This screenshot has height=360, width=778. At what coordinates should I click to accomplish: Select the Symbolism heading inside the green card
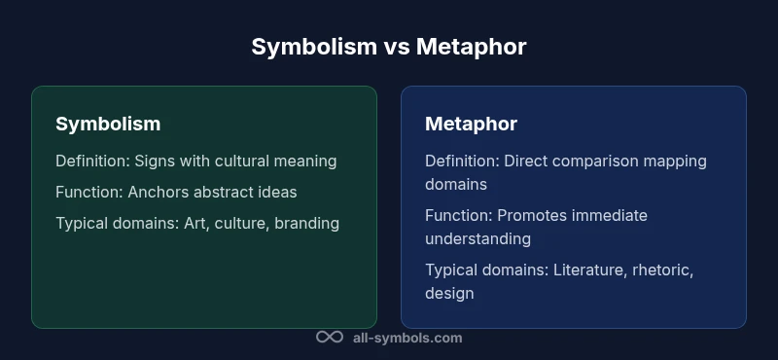click(x=108, y=124)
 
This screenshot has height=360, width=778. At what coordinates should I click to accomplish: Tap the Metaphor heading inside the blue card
click(x=471, y=124)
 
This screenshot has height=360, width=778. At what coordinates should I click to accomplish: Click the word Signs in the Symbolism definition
click(x=157, y=161)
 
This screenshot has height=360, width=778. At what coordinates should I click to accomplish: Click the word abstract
click(x=226, y=192)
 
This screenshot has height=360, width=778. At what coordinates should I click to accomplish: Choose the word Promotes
click(x=533, y=215)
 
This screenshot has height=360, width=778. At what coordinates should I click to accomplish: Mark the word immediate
click(x=611, y=215)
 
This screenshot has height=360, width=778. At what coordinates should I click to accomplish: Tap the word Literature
click(x=590, y=270)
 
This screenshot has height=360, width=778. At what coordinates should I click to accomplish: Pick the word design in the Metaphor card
click(x=449, y=293)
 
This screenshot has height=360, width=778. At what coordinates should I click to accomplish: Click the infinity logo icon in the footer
click(x=330, y=338)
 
